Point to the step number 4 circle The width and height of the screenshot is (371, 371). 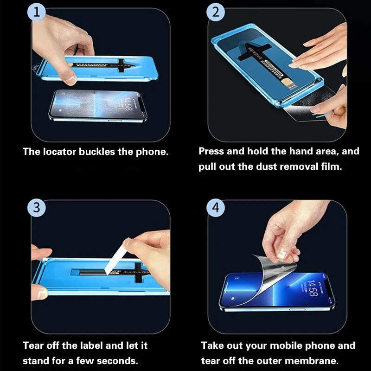(215, 208)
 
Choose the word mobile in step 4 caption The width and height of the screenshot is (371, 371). (297, 345)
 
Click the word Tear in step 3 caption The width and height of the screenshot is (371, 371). (33, 345)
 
